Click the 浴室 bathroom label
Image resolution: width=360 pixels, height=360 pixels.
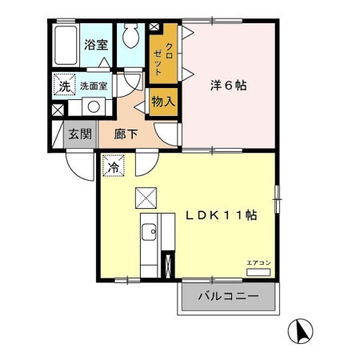[97, 45]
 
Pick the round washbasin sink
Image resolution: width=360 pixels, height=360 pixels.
[94, 106]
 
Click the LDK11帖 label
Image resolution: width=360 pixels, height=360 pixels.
[222, 215]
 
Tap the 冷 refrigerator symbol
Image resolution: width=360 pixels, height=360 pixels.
[113, 168]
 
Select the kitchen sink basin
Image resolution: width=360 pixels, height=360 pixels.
[148, 233]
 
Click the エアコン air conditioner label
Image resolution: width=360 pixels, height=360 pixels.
[258, 263]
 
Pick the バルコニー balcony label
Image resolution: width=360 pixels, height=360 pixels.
[227, 296]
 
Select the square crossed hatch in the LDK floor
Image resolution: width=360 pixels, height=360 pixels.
[146, 197]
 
